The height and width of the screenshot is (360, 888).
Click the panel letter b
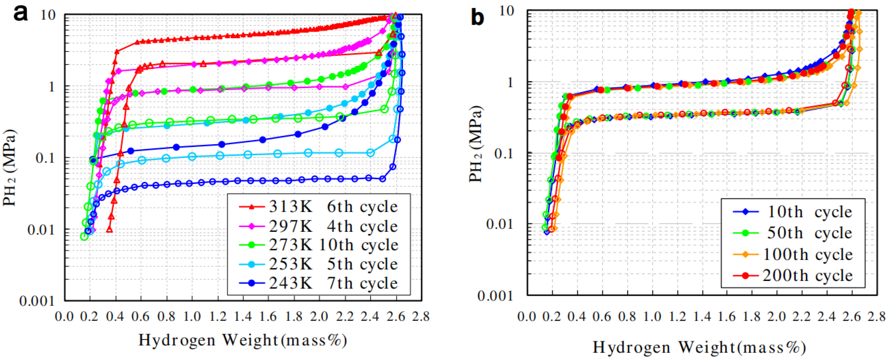478,17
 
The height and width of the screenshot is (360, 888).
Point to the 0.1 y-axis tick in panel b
505,153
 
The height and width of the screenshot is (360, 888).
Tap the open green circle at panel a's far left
84,236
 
